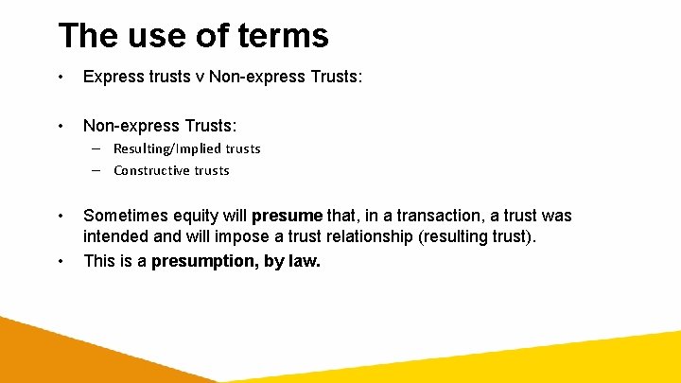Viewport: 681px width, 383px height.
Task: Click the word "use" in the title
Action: point(158,35)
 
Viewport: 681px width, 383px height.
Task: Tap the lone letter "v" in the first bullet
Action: point(199,78)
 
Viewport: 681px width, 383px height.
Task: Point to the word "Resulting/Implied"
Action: point(167,148)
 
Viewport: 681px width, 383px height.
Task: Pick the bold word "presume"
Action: point(288,217)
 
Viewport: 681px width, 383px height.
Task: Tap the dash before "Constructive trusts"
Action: point(97,170)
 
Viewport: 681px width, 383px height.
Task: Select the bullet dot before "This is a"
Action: point(61,261)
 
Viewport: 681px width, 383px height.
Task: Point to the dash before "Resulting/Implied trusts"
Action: point(97,148)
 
